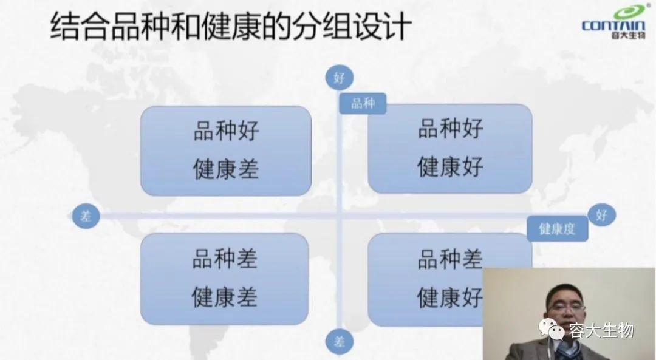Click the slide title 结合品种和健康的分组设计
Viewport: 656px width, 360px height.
(x=231, y=27)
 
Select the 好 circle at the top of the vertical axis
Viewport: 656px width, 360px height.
(x=340, y=78)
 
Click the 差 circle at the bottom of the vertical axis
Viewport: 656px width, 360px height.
(x=340, y=342)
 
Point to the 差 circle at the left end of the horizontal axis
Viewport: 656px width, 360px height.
(x=86, y=216)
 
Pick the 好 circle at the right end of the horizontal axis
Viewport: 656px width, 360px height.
(x=601, y=215)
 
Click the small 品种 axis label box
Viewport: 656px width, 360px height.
(x=362, y=103)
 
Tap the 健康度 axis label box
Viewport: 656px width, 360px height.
(x=557, y=229)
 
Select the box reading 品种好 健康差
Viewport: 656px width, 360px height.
(x=226, y=151)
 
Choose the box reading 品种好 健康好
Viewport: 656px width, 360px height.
(x=450, y=149)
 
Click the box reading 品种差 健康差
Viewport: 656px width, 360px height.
(x=225, y=279)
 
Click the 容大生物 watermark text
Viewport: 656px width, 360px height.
(x=601, y=331)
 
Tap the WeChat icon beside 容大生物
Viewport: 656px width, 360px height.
(x=552, y=329)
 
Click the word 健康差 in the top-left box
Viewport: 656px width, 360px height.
(x=226, y=169)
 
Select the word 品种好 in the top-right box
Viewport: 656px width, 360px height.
(x=451, y=128)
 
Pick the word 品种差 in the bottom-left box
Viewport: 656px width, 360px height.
(x=225, y=259)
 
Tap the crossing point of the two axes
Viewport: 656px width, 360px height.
(x=340, y=216)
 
